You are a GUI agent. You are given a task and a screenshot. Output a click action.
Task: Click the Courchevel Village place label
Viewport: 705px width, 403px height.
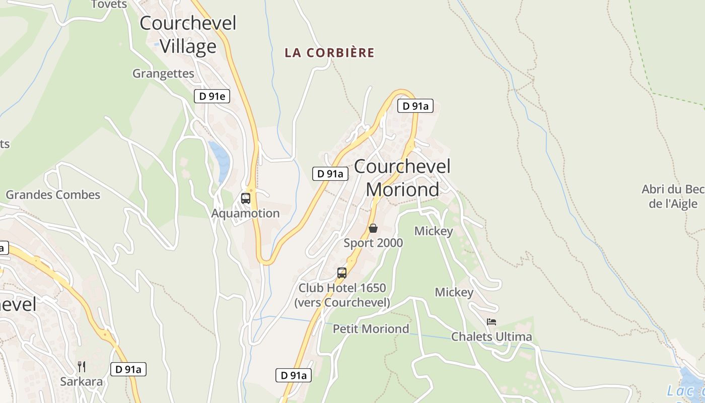coord(188,34)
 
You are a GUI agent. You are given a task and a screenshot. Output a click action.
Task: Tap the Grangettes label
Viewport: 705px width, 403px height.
coord(163,74)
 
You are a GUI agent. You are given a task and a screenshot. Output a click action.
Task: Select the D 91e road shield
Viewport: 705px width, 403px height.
coord(212,96)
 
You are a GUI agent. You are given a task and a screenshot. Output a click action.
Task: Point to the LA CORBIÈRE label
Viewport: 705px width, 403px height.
coord(329,53)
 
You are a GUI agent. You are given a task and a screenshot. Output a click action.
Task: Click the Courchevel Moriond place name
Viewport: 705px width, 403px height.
coord(402,178)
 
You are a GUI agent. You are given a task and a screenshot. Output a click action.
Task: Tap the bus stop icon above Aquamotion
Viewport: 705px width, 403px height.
coord(246,198)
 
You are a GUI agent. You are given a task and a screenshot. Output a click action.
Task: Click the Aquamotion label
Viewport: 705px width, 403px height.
coord(245,213)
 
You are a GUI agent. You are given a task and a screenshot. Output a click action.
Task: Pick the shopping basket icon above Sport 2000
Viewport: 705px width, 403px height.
coord(373,228)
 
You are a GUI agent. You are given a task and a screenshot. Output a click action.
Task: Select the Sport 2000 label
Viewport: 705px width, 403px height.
coord(373,243)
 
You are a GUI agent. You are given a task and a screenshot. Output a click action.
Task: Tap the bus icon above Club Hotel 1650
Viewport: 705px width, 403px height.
coord(342,273)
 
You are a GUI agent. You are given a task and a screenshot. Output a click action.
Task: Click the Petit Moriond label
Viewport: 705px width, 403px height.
coord(371,329)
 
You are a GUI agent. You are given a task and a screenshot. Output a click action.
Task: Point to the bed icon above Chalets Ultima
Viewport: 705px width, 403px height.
coord(491,322)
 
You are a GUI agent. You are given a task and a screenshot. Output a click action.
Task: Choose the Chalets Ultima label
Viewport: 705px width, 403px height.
coord(491,337)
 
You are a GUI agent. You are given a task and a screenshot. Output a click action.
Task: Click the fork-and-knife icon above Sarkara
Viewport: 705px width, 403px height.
coord(82,366)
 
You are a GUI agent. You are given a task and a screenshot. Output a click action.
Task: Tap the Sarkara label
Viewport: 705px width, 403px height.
coord(82,381)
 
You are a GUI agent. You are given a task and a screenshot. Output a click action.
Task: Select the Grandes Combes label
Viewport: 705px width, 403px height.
coord(53,194)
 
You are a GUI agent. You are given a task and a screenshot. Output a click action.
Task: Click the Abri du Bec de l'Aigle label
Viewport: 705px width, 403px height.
coord(673,196)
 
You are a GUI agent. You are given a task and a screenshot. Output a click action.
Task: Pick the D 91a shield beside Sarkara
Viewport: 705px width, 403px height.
coord(128,369)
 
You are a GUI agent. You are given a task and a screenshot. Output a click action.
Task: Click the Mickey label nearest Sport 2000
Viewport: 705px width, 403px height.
coord(434,231)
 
